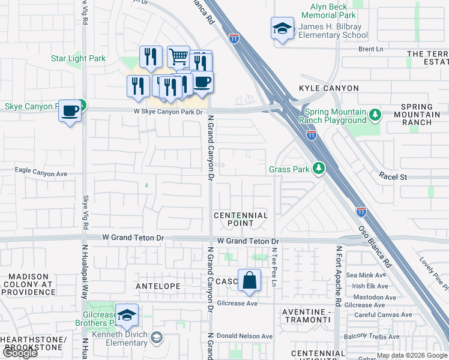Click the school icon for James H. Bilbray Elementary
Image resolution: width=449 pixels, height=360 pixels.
click(x=282, y=29)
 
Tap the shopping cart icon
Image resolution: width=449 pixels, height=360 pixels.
click(x=178, y=57)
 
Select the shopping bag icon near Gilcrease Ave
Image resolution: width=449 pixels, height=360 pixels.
click(x=249, y=280)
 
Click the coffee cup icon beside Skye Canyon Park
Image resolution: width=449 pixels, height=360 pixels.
click(x=70, y=111)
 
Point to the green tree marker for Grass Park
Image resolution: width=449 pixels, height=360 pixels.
click(x=321, y=169)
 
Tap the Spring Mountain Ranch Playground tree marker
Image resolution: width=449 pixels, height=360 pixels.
click(x=375, y=114)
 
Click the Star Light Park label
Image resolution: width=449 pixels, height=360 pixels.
click(x=78, y=58)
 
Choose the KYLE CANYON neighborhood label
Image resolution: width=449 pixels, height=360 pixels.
click(x=328, y=88)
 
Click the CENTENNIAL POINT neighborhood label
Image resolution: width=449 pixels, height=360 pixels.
click(x=241, y=219)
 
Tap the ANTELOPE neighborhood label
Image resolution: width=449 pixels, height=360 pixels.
click(x=158, y=286)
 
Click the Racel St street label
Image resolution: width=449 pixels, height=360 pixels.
click(x=393, y=177)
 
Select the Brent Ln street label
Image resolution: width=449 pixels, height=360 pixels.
click(x=370, y=49)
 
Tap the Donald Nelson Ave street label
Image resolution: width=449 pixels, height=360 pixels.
click(x=244, y=336)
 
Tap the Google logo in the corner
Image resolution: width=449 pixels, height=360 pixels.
click(x=19, y=353)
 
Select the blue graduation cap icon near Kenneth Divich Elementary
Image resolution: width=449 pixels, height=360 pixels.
click(x=127, y=314)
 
